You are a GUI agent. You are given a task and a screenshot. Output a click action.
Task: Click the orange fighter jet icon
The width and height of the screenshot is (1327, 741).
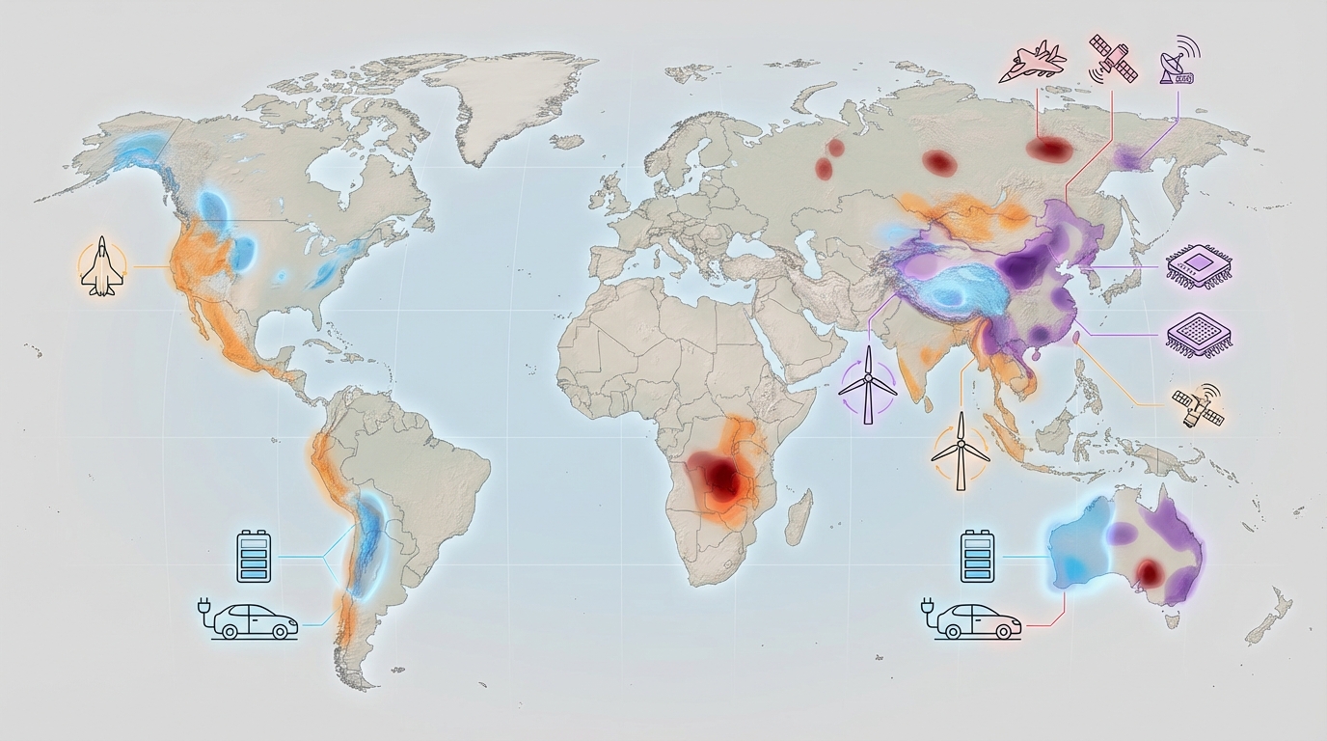pyautogui.click(x=100, y=267)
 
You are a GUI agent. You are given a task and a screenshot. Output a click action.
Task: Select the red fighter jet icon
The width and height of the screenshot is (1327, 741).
pyautogui.click(x=1033, y=63)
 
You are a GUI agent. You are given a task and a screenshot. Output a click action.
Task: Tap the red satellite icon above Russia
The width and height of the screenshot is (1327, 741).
pyautogui.click(x=1113, y=57)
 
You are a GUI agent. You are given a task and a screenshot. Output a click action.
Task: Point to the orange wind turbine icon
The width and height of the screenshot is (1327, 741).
pyautogui.click(x=961, y=451)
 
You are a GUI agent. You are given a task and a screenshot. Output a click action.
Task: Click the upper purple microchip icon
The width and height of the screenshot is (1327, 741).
pyautogui.click(x=1201, y=266)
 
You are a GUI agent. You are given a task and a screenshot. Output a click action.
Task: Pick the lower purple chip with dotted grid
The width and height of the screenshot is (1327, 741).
pyautogui.click(x=1201, y=334)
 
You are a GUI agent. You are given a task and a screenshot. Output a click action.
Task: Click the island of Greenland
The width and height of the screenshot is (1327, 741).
pyautogui.click(x=511, y=101)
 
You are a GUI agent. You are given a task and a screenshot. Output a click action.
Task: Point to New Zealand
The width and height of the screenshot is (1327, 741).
pyautogui.click(x=1269, y=617)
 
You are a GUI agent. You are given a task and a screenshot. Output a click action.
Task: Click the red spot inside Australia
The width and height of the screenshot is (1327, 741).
pyautogui.click(x=1148, y=572)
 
